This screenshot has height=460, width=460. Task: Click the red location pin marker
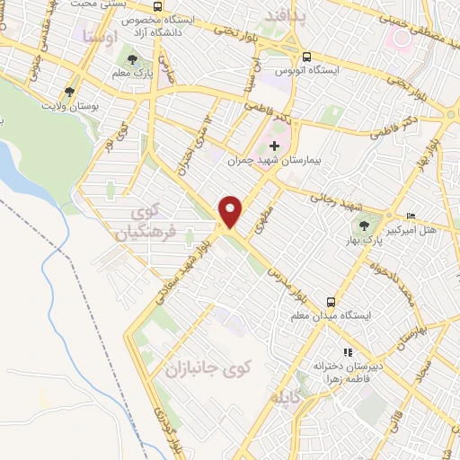pos(231,211)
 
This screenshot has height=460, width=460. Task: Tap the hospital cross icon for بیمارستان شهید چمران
pos(275,146)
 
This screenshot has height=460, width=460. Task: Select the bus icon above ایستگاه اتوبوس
pos(307,54)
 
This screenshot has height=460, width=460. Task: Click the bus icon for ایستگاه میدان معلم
pos(332,302)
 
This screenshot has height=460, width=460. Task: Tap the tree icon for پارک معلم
pos(133,60)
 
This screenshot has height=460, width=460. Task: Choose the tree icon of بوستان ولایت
pos(69,92)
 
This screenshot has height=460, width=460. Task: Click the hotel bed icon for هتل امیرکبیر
pos(411,216)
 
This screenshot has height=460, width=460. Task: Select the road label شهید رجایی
pos(333,197)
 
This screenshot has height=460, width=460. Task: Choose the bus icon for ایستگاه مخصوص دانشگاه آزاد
pos(158,7)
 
